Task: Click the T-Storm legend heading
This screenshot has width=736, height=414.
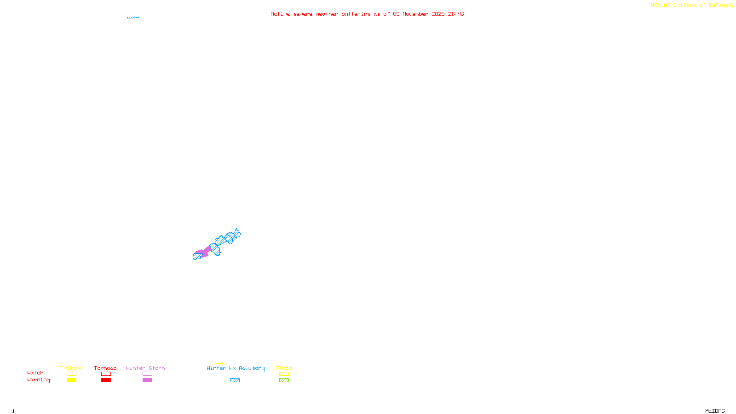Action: click(x=71, y=368)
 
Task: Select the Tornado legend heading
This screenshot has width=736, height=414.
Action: click(x=105, y=368)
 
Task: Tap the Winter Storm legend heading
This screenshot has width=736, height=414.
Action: click(x=145, y=368)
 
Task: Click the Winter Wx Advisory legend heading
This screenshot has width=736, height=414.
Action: click(x=236, y=368)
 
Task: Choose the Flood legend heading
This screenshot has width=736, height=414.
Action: click(x=284, y=368)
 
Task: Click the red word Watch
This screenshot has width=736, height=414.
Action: click(x=35, y=373)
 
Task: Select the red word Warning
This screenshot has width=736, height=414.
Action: click(x=39, y=380)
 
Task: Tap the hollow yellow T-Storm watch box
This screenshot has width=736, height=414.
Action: click(x=71, y=374)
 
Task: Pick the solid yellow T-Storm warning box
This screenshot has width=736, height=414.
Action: click(x=71, y=380)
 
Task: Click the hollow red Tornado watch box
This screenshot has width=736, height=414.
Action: click(x=106, y=374)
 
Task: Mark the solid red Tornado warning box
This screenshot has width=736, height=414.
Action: click(x=106, y=380)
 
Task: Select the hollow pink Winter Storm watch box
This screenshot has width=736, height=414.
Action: click(x=147, y=374)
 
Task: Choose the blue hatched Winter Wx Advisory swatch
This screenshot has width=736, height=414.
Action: click(x=235, y=380)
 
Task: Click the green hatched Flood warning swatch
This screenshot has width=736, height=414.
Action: click(x=284, y=380)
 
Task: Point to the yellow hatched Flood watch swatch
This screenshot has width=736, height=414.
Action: click(x=284, y=374)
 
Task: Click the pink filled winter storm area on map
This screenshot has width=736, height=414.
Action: click(x=204, y=251)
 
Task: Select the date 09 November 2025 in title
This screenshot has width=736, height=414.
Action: click(x=419, y=14)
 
